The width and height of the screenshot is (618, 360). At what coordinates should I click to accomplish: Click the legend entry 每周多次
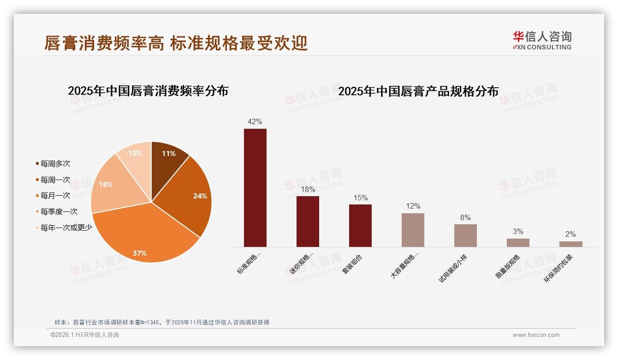click(x=55, y=164)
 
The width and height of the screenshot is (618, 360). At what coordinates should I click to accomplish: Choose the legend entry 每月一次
click(x=55, y=196)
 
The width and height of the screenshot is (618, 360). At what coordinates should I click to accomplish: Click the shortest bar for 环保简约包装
click(x=570, y=244)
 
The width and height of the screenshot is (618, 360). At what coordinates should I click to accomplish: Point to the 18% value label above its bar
click(x=308, y=189)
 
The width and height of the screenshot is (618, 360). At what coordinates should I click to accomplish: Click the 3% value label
click(x=518, y=231)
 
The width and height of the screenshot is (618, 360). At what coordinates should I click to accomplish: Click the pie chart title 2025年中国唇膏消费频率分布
click(x=148, y=91)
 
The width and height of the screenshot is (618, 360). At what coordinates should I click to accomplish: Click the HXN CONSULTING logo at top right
click(x=542, y=41)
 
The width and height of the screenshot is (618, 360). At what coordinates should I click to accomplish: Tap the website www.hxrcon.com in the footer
click(x=536, y=335)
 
